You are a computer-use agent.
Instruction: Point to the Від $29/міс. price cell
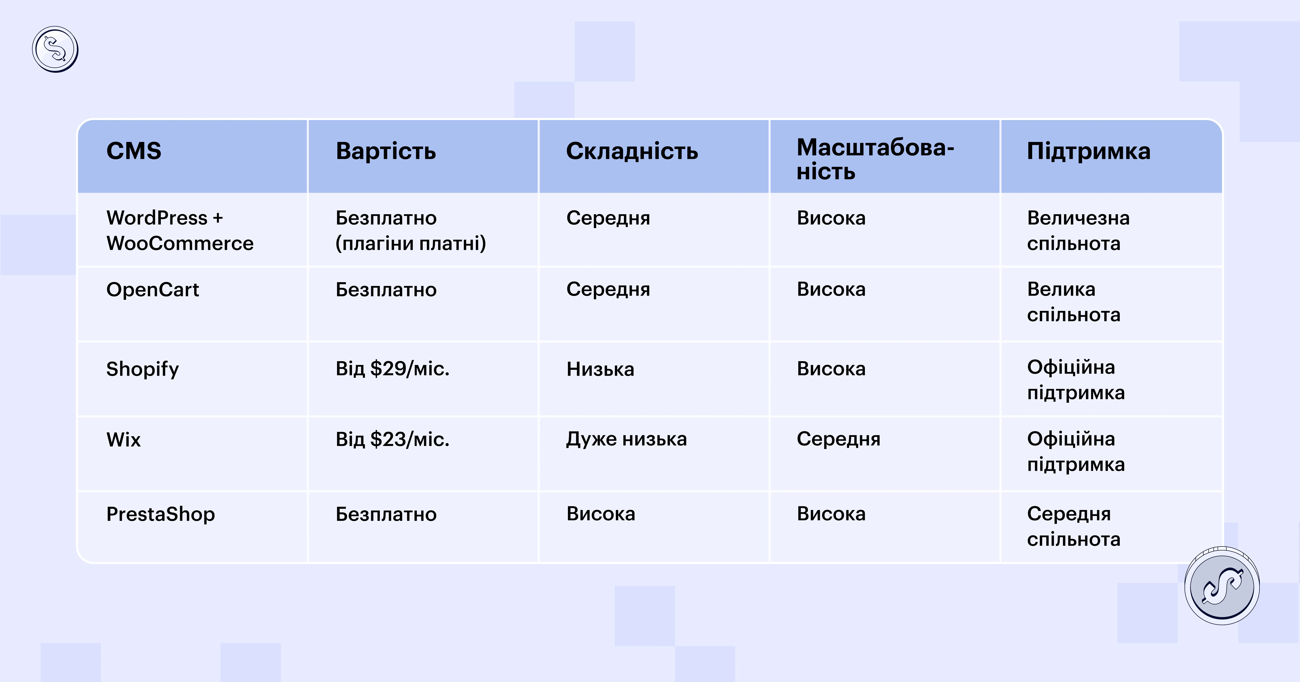(x=393, y=369)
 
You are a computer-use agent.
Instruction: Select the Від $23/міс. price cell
(x=393, y=439)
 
